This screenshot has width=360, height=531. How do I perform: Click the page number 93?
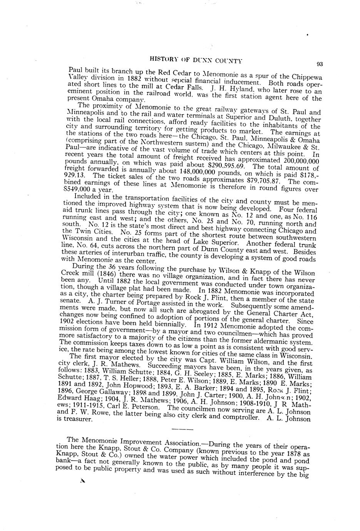(320, 64)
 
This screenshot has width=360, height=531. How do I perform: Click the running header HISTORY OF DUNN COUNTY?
(196, 60)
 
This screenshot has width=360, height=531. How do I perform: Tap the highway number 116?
(310, 217)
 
